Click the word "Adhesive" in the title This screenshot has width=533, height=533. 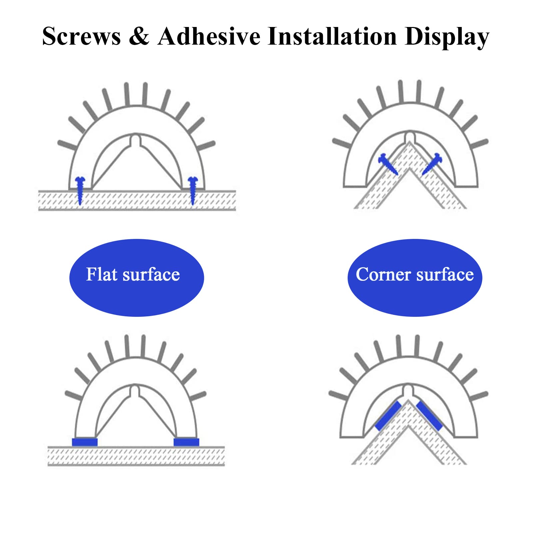(x=209, y=36)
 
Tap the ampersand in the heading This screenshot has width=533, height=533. (x=139, y=36)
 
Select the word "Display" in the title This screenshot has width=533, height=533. (x=447, y=37)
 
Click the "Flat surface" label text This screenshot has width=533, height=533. (x=133, y=274)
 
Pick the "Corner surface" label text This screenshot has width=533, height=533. (x=415, y=274)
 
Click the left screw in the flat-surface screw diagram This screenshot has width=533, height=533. (x=80, y=191)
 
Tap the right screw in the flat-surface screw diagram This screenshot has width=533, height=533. (x=193, y=191)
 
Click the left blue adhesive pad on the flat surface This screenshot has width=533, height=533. (x=85, y=442)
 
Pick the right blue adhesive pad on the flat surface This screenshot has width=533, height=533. (x=186, y=442)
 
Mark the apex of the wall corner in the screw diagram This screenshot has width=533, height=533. (x=409, y=142)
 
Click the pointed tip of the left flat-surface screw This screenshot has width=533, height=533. (x=80, y=205)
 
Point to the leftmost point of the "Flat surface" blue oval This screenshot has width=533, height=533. (x=69, y=277)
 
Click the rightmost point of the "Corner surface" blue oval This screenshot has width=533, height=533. (x=482, y=277)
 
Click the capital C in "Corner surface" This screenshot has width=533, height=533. (x=362, y=274)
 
